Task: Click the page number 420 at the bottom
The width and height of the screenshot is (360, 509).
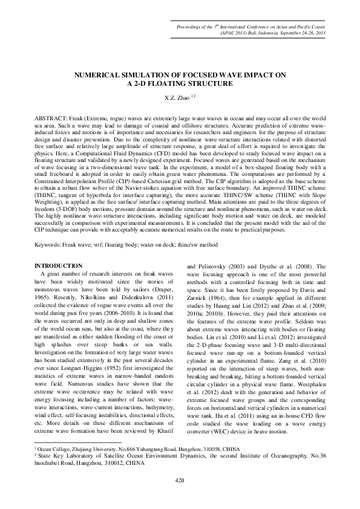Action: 179,480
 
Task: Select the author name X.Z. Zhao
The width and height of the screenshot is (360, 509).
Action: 176,96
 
